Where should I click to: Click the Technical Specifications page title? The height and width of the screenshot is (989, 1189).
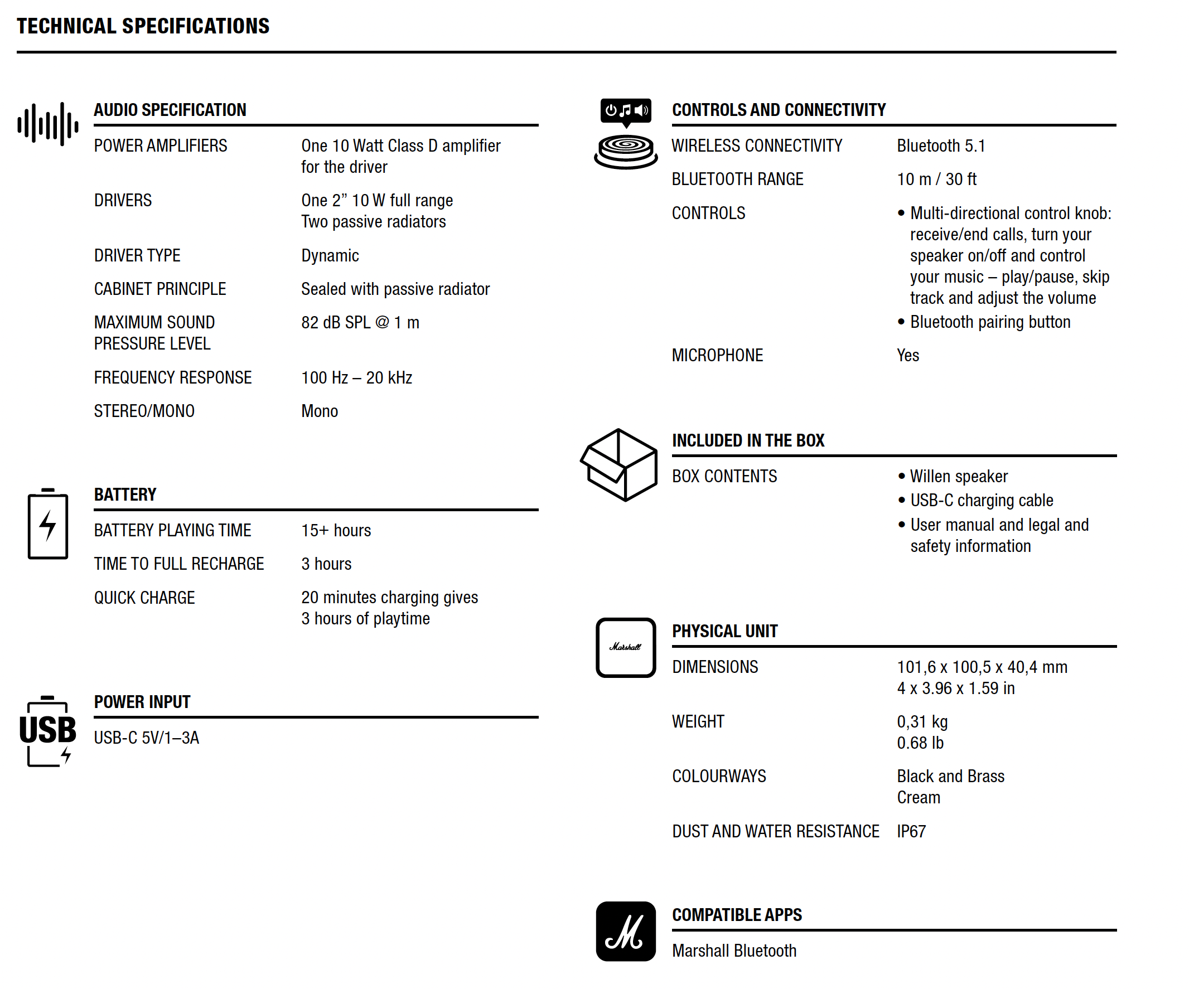143,26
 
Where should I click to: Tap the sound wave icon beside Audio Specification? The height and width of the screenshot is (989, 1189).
47,124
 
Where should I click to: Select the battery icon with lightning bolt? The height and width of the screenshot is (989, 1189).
48,524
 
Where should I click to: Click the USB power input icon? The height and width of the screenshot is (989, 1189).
47,731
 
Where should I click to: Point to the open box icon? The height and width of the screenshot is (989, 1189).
619,465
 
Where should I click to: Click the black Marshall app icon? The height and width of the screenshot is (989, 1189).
626,931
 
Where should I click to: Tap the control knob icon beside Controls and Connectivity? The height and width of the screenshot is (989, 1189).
626,134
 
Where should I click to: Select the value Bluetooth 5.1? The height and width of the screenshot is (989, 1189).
940,146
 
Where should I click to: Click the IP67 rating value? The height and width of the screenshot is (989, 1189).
911,831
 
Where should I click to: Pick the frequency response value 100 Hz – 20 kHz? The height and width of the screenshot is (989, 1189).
356,377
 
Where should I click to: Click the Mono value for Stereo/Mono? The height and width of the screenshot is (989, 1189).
320,411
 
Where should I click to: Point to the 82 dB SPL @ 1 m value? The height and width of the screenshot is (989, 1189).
360,323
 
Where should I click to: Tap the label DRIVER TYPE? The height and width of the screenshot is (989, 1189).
137,255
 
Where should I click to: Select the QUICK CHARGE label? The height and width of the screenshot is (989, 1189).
144,597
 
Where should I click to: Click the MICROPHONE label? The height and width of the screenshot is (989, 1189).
717,356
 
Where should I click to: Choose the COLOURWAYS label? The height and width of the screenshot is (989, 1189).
718,776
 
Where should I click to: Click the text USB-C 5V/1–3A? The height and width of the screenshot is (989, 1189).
147,738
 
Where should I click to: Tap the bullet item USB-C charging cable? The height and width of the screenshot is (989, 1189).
981,501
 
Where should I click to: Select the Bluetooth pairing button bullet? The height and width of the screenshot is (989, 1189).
990,322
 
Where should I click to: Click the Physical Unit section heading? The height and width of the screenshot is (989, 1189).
725,631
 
